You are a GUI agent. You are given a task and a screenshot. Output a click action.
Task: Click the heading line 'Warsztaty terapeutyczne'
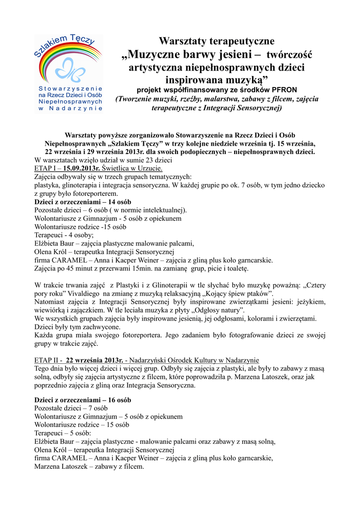pyautogui.click(x=216, y=41)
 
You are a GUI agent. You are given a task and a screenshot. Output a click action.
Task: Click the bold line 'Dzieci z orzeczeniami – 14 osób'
pyautogui.click(x=83, y=202)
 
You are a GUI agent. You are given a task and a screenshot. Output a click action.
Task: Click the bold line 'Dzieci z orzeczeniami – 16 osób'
pyautogui.click(x=83, y=400)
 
